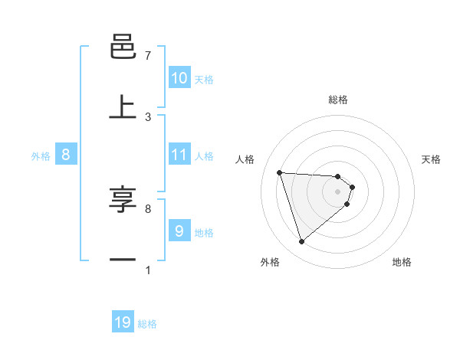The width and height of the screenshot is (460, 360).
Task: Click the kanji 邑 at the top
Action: click(x=123, y=47)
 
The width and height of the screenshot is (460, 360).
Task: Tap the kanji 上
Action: click(x=123, y=107)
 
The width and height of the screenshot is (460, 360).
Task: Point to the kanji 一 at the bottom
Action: click(x=123, y=260)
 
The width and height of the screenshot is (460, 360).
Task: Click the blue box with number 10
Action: click(x=179, y=78)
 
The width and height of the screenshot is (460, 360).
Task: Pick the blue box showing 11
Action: click(x=179, y=155)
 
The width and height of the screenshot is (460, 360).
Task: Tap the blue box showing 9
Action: click(x=179, y=231)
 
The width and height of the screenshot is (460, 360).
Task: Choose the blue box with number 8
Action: click(x=66, y=155)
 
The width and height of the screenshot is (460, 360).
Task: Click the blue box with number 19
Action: click(x=123, y=322)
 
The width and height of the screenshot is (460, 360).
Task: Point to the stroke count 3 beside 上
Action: click(x=148, y=117)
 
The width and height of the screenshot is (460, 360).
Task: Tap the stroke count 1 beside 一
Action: click(x=148, y=270)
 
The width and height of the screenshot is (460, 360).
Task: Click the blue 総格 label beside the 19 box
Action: click(x=147, y=324)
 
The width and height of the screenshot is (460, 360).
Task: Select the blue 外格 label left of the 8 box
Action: click(x=41, y=156)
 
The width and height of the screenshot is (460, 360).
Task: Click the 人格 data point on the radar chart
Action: click(x=280, y=172)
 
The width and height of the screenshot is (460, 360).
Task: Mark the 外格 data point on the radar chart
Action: click(x=301, y=242)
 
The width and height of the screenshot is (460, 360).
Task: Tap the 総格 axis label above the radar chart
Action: click(x=337, y=100)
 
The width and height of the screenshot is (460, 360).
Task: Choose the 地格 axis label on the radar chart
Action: click(x=402, y=262)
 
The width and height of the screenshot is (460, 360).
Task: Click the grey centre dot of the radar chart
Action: click(x=337, y=191)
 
